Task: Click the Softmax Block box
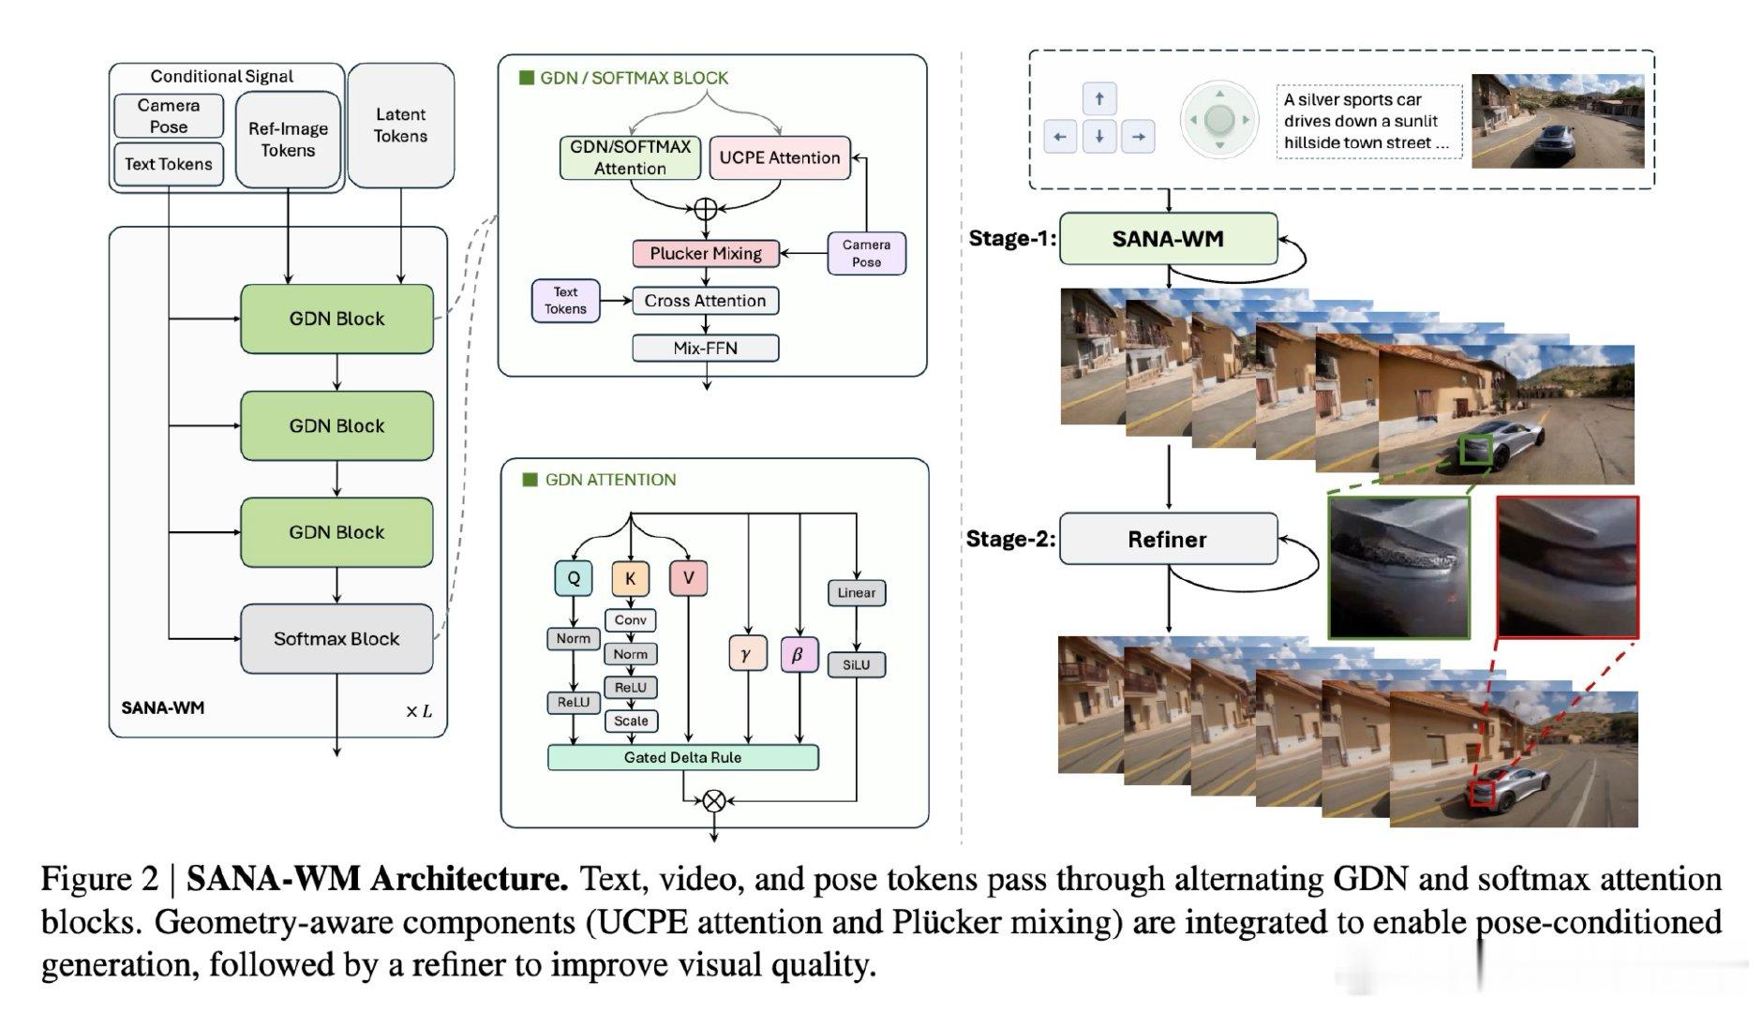coord(336,639)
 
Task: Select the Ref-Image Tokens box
coord(288,140)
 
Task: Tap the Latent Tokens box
coord(401,126)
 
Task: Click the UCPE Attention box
coord(780,157)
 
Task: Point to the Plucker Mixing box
coord(706,253)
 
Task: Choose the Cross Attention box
coord(706,301)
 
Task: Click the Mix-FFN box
coord(706,349)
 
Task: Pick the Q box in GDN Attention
coord(574,578)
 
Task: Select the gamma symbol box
coord(747,654)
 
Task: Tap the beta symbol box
coord(799,654)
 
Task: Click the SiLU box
coord(857,664)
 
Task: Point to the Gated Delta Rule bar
coord(682,757)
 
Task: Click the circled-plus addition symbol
coord(706,209)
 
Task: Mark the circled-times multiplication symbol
coord(714,800)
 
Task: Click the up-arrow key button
coord(1099,98)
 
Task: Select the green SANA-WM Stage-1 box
coord(1168,239)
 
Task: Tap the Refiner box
coord(1168,539)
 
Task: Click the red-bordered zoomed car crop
coord(1567,567)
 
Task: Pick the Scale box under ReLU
coord(631,721)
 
